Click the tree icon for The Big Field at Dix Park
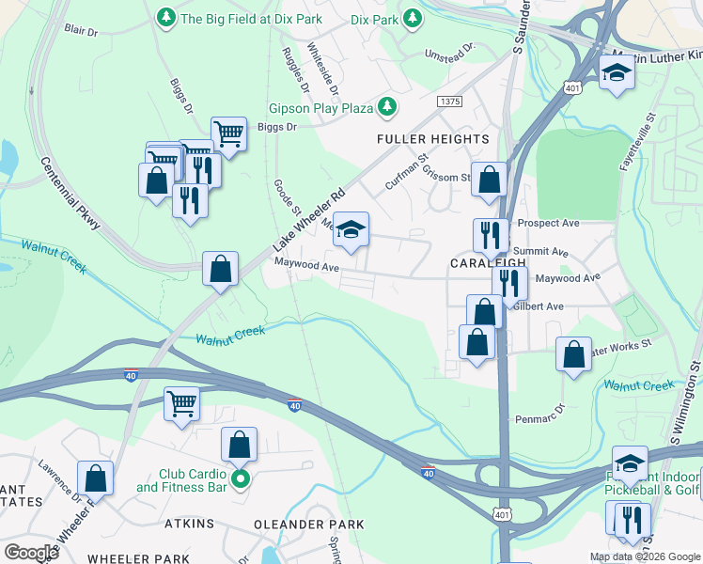click(166, 18)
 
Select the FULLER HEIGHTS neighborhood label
click(433, 139)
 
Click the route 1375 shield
click(449, 100)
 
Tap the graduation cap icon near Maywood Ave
click(351, 230)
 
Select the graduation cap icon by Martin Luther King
click(617, 73)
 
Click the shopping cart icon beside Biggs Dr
click(228, 135)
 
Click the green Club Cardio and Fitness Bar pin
click(241, 480)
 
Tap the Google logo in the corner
click(31, 553)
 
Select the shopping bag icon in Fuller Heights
click(489, 180)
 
